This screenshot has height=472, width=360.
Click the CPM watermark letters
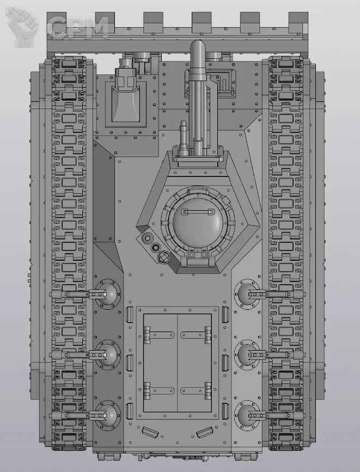point(78,27)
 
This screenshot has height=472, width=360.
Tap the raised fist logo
point(22,27)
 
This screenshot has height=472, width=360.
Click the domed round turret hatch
point(198,223)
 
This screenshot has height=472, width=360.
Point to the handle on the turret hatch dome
point(198,212)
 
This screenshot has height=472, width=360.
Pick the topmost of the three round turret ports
point(147,238)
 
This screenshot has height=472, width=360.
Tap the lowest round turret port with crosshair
point(163,257)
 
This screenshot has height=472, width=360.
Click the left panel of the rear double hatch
point(160,363)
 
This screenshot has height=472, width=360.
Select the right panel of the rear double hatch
point(194,363)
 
